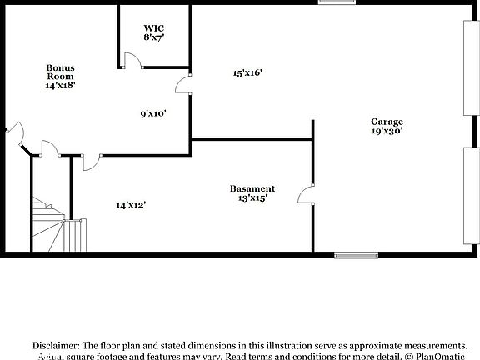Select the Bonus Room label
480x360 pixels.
61,72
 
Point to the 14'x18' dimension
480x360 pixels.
61,85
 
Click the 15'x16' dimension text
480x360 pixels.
247,73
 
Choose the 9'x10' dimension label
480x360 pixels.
152,114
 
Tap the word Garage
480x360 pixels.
387,122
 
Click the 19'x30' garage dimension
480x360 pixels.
387,132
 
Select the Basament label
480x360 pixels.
252,188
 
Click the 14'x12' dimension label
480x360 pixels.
132,204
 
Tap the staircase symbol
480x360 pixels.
52,225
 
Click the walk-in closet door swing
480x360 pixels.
131,60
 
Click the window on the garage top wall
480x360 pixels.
336,2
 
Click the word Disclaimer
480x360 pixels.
56,345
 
